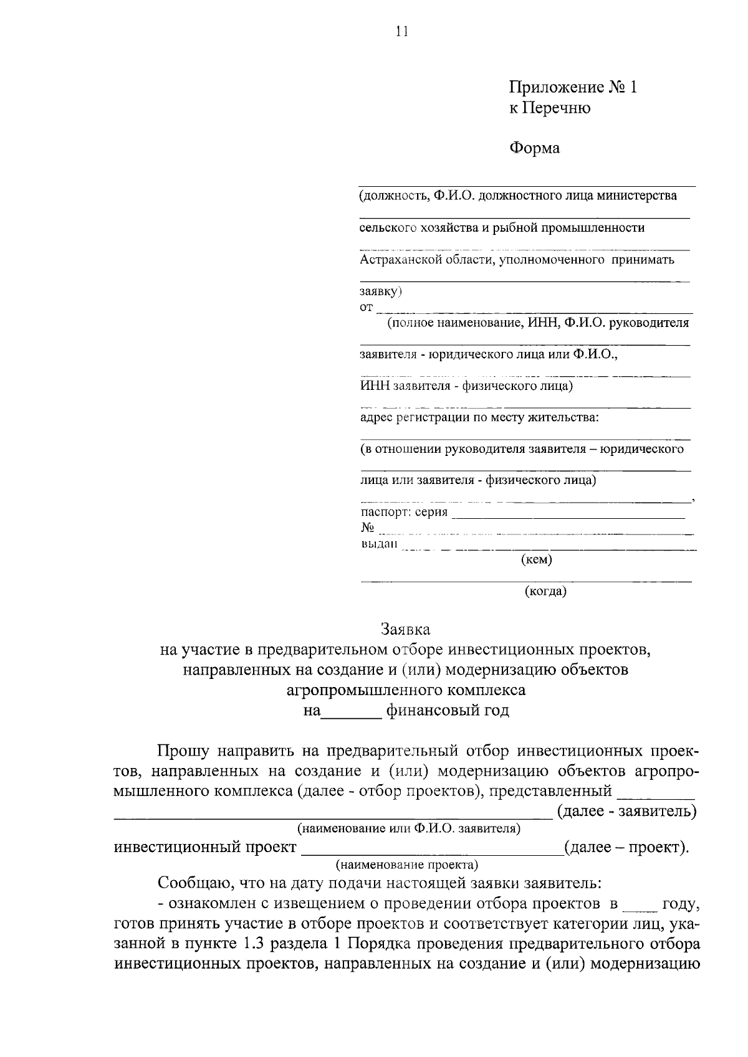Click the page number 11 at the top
pos(402,32)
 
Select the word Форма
pos(535,148)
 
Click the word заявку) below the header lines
pos(381,291)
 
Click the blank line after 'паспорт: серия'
pos(567,514)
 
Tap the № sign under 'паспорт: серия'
pos(367,528)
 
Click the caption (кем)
pos(536,560)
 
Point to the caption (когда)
pos(545,592)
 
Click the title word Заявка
pos(406,629)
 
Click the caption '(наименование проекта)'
pos(407,865)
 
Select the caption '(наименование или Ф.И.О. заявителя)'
pos(409,828)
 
